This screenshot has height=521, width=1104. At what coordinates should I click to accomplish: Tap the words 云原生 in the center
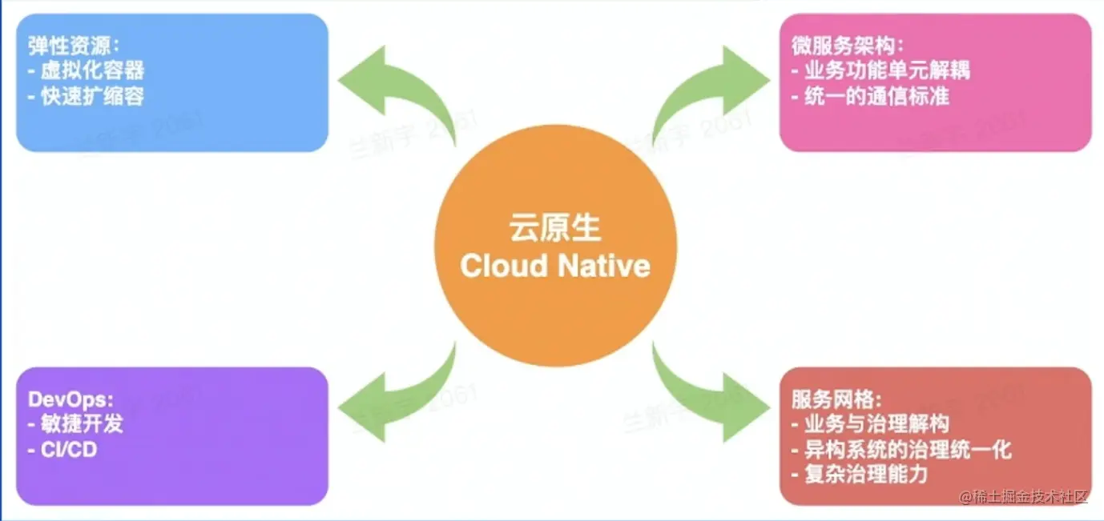(x=554, y=228)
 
